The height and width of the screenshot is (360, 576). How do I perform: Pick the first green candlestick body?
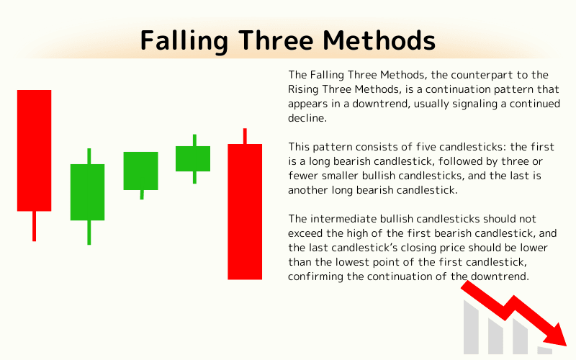[x=87, y=192]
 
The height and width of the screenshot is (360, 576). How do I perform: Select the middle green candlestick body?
[x=140, y=171]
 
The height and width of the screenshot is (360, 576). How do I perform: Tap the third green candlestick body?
[x=193, y=158]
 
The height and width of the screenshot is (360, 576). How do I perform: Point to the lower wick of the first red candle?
[x=34, y=226]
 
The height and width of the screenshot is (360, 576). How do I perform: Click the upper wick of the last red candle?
[x=245, y=136]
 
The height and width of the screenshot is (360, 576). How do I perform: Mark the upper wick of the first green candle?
[x=89, y=156]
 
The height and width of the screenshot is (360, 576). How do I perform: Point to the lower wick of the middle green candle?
[x=142, y=194]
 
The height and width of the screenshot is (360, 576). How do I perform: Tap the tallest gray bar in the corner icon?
[x=471, y=328]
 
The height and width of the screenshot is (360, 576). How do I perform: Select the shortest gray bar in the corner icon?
[x=544, y=350]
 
